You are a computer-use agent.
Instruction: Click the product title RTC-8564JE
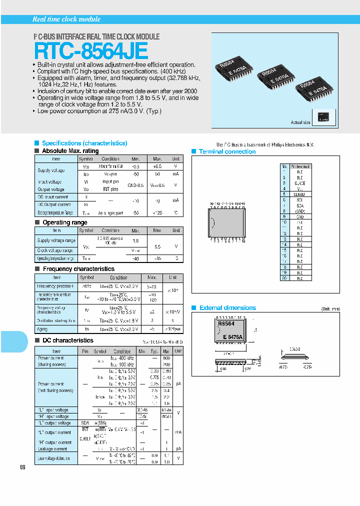(91, 51)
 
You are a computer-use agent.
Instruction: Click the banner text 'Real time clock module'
(66, 19)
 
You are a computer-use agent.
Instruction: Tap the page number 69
(22, 467)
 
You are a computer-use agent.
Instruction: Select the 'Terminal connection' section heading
(227, 151)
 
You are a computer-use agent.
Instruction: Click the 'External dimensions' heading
(227, 308)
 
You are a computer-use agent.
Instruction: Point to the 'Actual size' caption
(300, 122)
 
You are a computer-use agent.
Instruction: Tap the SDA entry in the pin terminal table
(299, 205)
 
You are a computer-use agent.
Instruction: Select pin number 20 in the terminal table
(284, 277)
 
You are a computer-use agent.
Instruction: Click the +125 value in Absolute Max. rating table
(157, 213)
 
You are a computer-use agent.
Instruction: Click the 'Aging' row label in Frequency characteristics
(42, 329)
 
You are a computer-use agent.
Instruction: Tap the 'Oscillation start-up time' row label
(56, 320)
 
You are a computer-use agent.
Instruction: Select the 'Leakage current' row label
(52, 449)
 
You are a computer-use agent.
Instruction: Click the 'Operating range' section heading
(65, 222)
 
